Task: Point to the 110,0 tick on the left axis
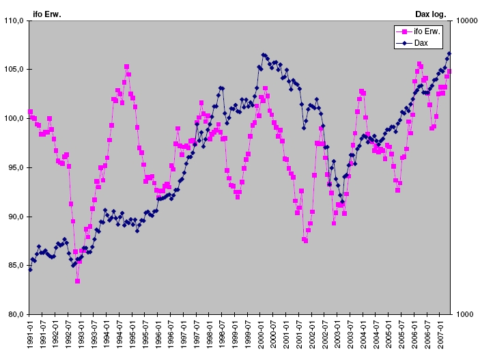click(x=14, y=21)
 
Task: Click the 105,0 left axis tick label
click(x=14, y=70)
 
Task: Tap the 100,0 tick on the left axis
click(x=14, y=119)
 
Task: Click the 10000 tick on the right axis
click(x=466, y=21)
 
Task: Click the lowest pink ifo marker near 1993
click(x=78, y=281)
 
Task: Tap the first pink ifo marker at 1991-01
click(x=30, y=111)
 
